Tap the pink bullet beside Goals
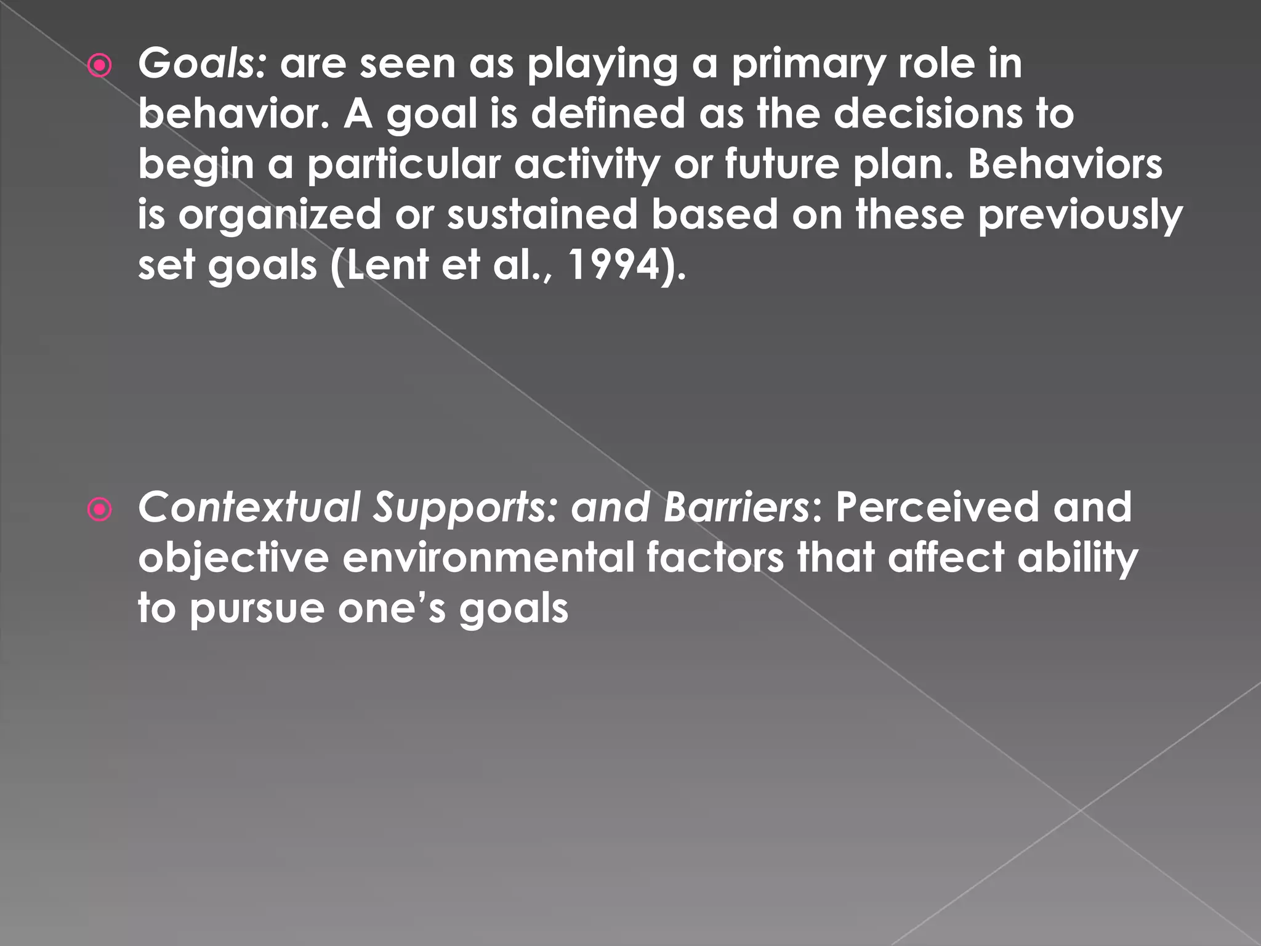tap(100, 66)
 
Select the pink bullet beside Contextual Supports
tap(100, 509)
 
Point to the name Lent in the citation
tap(387, 265)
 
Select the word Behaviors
tap(1065, 164)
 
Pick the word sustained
tap(542, 215)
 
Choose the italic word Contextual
tap(249, 507)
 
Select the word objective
tap(233, 559)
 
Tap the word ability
tap(1078, 559)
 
